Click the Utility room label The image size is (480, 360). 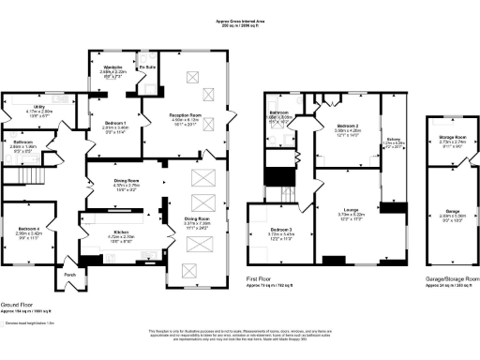(x=37, y=108)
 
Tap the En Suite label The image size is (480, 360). (x=147, y=67)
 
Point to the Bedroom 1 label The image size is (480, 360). (x=115, y=124)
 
